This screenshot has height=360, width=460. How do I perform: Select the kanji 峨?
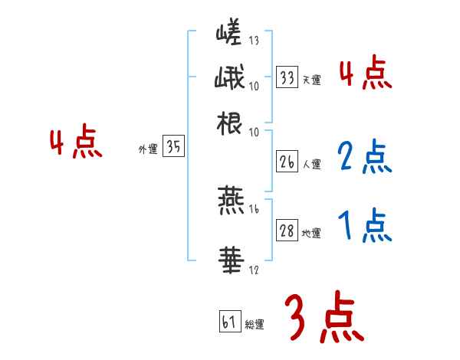click(230, 79)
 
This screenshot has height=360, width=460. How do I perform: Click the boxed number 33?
click(287, 77)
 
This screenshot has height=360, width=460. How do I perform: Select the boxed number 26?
click(287, 162)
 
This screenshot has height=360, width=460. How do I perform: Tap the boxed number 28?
click(287, 231)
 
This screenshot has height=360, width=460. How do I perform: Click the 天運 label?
click(311, 80)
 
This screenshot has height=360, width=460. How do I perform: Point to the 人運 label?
click(311, 164)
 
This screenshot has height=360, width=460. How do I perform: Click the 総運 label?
click(255, 324)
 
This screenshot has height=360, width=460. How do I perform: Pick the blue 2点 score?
click(365, 158)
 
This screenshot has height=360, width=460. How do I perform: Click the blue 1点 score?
click(365, 227)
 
